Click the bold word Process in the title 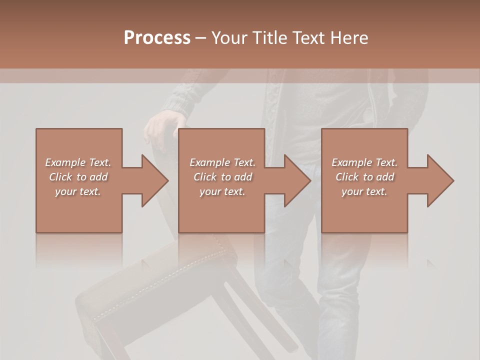tap(157, 38)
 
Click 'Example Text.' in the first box tap(78, 162)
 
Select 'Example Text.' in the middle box tap(222, 162)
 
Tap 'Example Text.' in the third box tap(364, 162)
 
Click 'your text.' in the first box tap(78, 191)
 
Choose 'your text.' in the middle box tap(222, 191)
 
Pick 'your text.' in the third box tap(364, 191)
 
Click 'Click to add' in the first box tap(78, 177)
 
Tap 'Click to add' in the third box tap(364, 177)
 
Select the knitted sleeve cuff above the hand tap(180, 102)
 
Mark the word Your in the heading tap(229, 38)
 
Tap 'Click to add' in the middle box tap(222, 177)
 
